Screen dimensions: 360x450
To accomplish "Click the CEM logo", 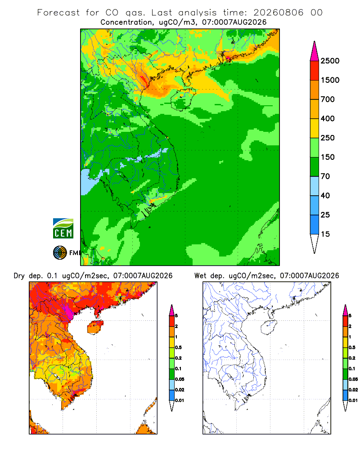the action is pyautogui.click(x=63, y=228).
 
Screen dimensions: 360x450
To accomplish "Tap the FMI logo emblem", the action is pyautogui.click(x=60, y=253).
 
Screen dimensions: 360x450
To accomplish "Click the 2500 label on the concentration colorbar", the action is pyautogui.click(x=330, y=61).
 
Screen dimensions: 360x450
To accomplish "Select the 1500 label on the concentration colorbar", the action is pyautogui.click(x=330, y=80).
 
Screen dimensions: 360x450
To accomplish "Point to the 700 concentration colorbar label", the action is pyautogui.click(x=328, y=99).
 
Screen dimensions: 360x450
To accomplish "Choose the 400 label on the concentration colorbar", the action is pyautogui.click(x=328, y=118).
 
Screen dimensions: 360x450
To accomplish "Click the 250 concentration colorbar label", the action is pyautogui.click(x=328, y=138).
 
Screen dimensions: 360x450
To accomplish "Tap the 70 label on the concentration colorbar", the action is pyautogui.click(x=325, y=176).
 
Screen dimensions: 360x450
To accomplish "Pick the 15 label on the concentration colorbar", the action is pyautogui.click(x=325, y=234).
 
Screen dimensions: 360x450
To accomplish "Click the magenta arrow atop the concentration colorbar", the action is pyautogui.click(x=315, y=52).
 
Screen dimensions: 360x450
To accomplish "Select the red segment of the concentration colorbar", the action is pyautogui.click(x=315, y=71).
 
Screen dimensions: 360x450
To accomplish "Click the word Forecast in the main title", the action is pyautogui.click(x=58, y=13).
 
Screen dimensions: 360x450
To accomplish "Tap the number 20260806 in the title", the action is pyautogui.click(x=278, y=13).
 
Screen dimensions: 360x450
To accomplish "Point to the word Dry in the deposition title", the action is pyautogui.click(x=19, y=276).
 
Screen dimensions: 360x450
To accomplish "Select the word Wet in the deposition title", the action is pyautogui.click(x=200, y=276).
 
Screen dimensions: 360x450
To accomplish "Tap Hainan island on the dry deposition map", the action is pyautogui.click(x=95, y=328).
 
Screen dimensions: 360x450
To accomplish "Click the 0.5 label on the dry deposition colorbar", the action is pyautogui.click(x=178, y=347).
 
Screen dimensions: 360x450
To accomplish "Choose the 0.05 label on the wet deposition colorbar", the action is pyautogui.click(x=353, y=379).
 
